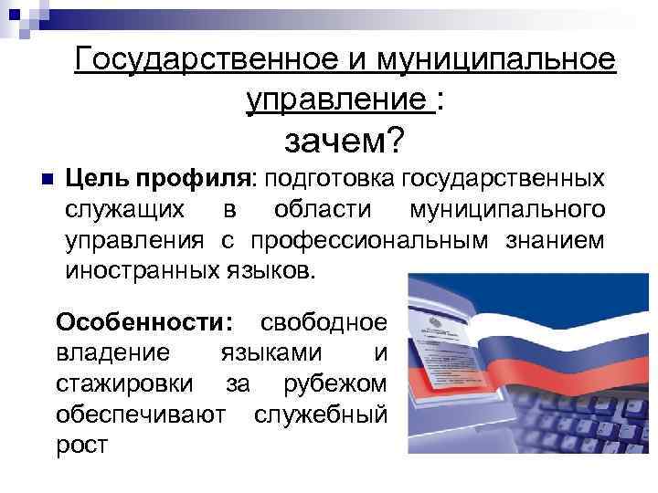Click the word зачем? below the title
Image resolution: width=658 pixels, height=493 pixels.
[x=345, y=142]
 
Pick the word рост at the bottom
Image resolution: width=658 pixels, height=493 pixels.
[x=81, y=446]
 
